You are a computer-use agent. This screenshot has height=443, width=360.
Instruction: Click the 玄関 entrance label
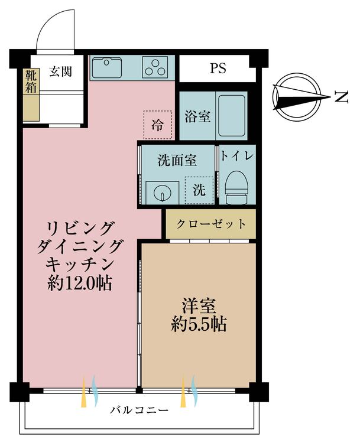coord(60,71)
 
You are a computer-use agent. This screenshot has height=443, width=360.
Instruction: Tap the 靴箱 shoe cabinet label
coord(31,82)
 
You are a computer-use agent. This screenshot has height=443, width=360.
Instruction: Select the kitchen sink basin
coord(107,67)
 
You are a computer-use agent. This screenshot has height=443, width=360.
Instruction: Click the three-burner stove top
coord(155,67)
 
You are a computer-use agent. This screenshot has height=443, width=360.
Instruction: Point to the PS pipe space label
coord(218,68)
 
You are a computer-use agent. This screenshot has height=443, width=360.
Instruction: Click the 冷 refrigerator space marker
coord(157,125)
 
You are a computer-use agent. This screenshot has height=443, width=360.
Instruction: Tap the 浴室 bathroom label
coord(197,116)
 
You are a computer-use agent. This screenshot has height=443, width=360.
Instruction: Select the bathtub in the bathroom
coord(232,116)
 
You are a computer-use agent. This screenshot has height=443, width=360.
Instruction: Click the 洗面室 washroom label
coord(177,161)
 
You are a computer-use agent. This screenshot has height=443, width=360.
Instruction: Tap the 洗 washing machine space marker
coord(199,190)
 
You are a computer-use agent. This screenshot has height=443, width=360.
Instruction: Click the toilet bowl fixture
coord(236,187)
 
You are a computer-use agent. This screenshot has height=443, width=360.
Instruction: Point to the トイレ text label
coord(236,156)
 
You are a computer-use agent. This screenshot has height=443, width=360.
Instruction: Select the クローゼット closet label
coord(211,224)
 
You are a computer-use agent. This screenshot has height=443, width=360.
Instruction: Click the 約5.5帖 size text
coord(199,325)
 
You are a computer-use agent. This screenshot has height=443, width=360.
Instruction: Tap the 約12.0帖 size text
coord(80,283)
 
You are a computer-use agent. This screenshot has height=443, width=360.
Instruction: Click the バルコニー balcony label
coord(139,409)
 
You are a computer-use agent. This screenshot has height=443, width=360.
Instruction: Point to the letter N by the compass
coord(341,97)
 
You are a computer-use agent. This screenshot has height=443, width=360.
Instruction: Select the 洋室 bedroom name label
coord(199,306)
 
